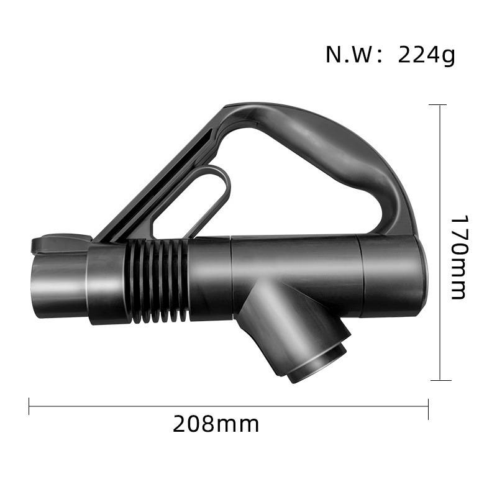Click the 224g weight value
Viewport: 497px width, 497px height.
(x=426, y=55)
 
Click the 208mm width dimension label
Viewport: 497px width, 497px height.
(x=216, y=425)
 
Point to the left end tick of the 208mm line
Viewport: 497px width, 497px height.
(x=29, y=407)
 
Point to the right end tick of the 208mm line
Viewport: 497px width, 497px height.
(x=428, y=407)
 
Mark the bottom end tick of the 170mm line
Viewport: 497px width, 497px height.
(x=440, y=380)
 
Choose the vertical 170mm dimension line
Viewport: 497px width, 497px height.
(x=440, y=186)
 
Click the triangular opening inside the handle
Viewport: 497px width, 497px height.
(x=280, y=186)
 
